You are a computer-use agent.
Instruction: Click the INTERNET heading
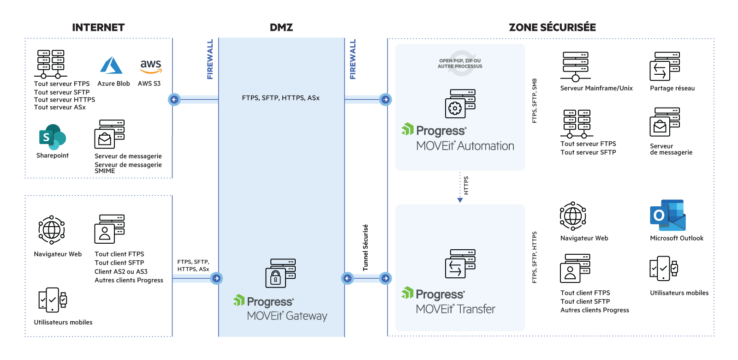[x=98, y=28]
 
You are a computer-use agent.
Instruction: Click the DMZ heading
[x=281, y=28]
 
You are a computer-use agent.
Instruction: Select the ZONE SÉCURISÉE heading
[x=552, y=28]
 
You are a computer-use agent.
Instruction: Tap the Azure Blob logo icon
[x=111, y=66]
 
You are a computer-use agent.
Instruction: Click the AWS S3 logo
[x=150, y=66]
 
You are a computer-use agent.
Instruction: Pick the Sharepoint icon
[x=52, y=137]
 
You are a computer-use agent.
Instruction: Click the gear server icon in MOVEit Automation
[x=460, y=104]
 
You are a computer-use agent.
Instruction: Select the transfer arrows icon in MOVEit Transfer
[x=460, y=264]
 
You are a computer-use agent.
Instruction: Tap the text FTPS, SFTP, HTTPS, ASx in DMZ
[x=280, y=98]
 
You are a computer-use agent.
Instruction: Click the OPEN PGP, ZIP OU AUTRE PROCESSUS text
[x=460, y=64]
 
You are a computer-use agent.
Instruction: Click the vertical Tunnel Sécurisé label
[x=365, y=248]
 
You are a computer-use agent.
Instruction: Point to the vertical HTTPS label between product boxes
[x=466, y=186]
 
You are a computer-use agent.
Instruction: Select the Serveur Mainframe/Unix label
[x=596, y=88]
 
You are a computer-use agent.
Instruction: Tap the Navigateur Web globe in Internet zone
[x=51, y=229]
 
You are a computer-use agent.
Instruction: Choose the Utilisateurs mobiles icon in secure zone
[x=663, y=269]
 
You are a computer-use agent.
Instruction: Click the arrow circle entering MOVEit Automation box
[x=385, y=99]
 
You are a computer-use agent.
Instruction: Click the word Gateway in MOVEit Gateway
[x=306, y=316]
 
